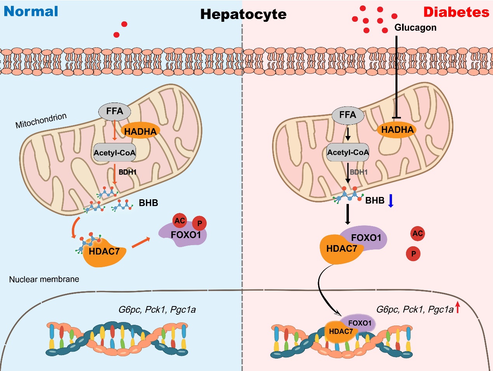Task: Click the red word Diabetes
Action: (x=456, y=12)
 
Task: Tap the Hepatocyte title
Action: (x=244, y=14)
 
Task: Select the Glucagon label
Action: (x=415, y=28)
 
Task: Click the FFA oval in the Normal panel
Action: (x=115, y=111)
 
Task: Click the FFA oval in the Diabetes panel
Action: (x=347, y=115)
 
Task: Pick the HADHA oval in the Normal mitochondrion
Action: (x=140, y=132)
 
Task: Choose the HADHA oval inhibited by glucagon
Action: (x=397, y=130)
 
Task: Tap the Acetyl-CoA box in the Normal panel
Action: (x=115, y=153)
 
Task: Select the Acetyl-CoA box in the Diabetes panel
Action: (x=348, y=152)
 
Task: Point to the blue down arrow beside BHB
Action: (x=391, y=200)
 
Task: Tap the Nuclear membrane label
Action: (x=44, y=279)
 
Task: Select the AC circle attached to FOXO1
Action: (x=179, y=221)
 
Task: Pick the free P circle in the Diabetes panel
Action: (x=413, y=254)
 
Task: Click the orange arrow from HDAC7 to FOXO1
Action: (x=141, y=243)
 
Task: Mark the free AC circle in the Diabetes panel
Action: (x=417, y=233)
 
